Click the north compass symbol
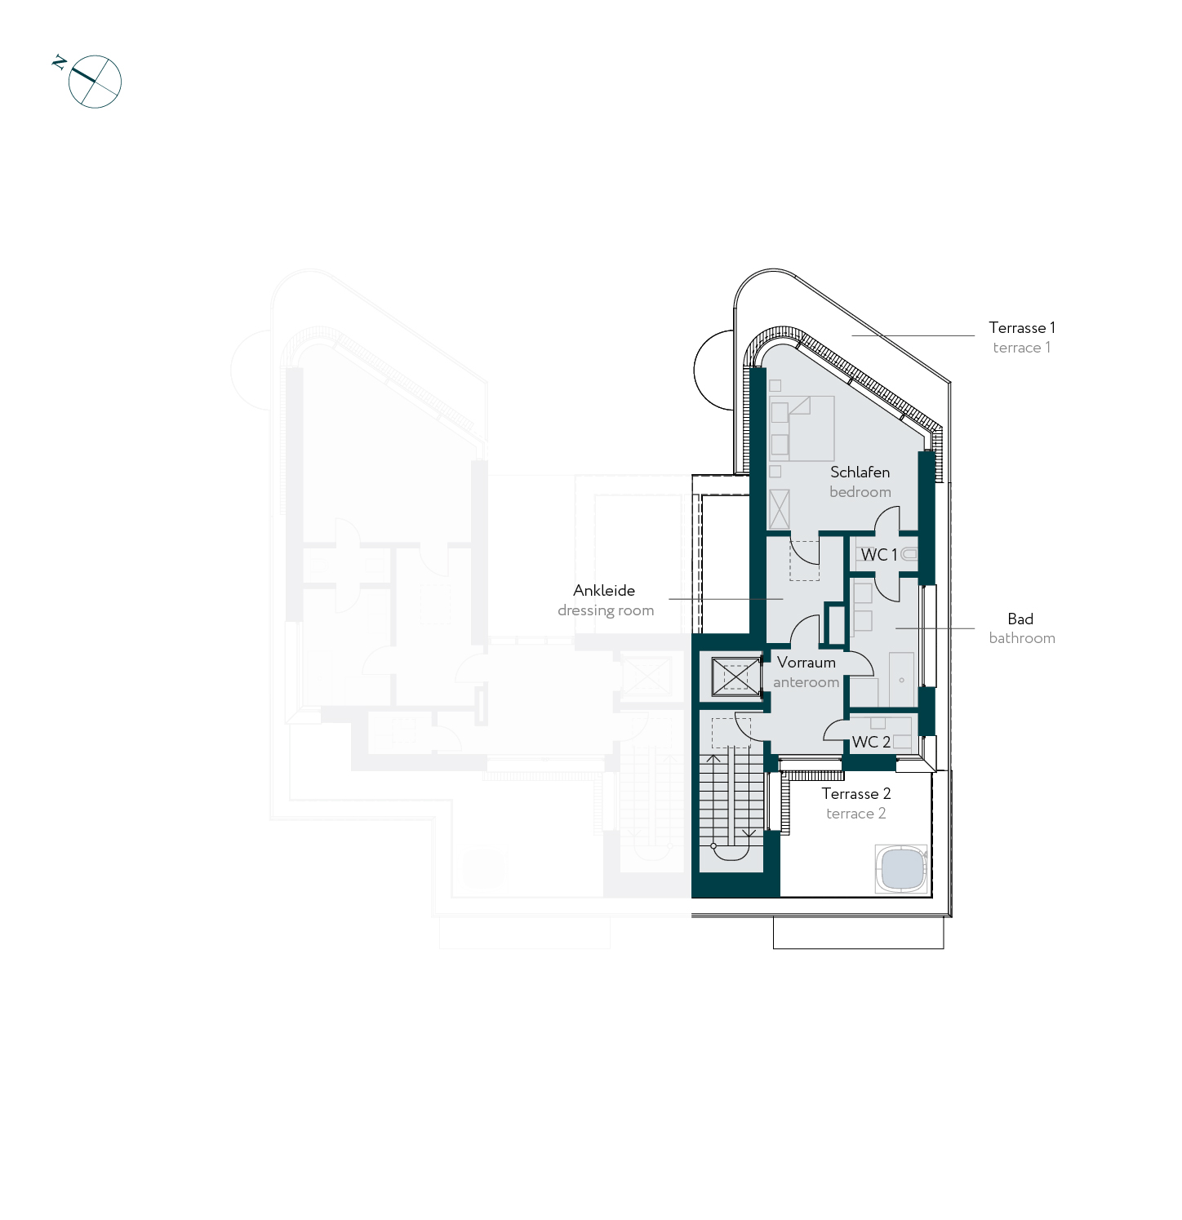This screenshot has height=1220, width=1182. (x=95, y=82)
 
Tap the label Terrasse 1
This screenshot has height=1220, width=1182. (x=1022, y=328)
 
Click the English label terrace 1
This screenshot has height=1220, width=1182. (x=1022, y=348)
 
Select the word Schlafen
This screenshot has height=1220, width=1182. (x=860, y=472)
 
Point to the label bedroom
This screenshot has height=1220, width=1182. (x=860, y=492)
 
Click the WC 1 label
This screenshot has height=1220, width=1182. (x=879, y=555)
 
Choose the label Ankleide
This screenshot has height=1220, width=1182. (x=604, y=591)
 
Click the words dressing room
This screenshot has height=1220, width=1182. (x=606, y=610)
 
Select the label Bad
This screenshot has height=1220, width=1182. (x=1020, y=619)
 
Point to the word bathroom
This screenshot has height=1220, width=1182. (x=1022, y=638)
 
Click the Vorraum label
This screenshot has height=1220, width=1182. (x=807, y=663)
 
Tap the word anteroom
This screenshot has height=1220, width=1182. (x=807, y=682)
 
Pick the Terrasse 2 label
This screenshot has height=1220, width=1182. (x=856, y=794)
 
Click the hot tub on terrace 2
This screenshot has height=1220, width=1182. (x=902, y=869)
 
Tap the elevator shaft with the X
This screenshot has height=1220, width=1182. (x=735, y=677)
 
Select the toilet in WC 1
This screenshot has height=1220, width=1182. (x=909, y=555)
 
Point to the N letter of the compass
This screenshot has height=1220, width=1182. (x=59, y=62)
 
